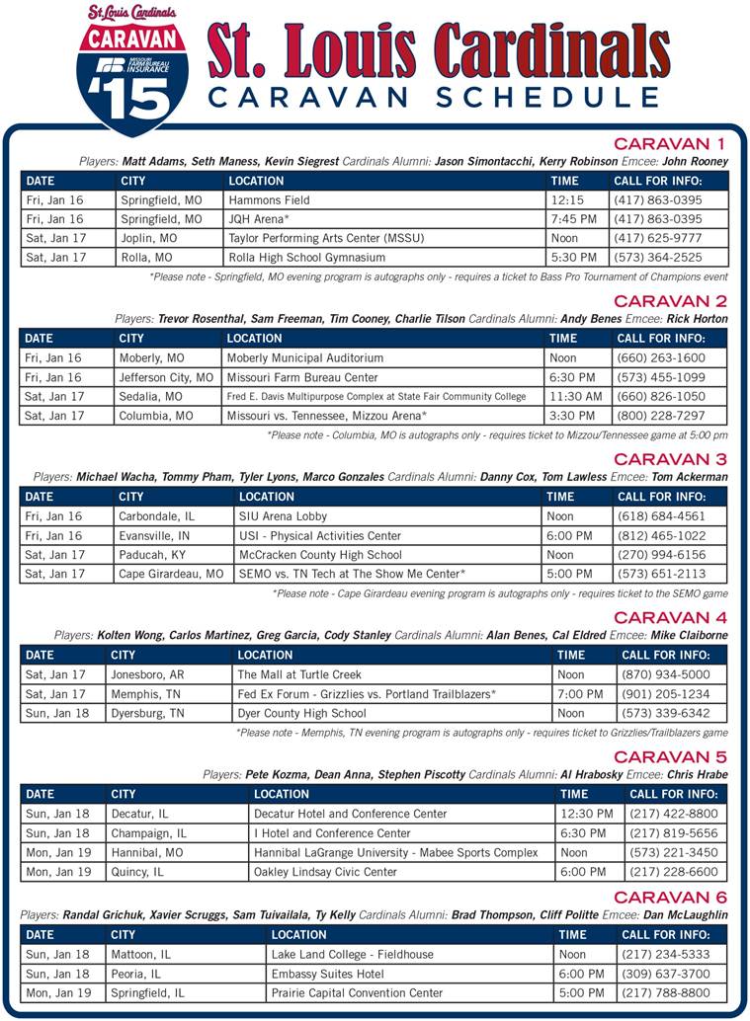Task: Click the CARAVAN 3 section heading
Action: pyautogui.click(x=670, y=459)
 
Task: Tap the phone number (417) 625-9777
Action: pyautogui.click(x=657, y=238)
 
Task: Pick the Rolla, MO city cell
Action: pyautogui.click(x=146, y=258)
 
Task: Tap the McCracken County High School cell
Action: pyautogui.click(x=320, y=555)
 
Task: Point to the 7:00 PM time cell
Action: pyautogui.click(x=579, y=694)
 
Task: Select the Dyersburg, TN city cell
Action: pyautogui.click(x=147, y=713)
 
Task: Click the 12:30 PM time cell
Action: pyautogui.click(x=586, y=814)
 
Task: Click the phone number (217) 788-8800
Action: pyautogui.click(x=664, y=992)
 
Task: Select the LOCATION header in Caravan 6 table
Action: pyautogui.click(x=298, y=934)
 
